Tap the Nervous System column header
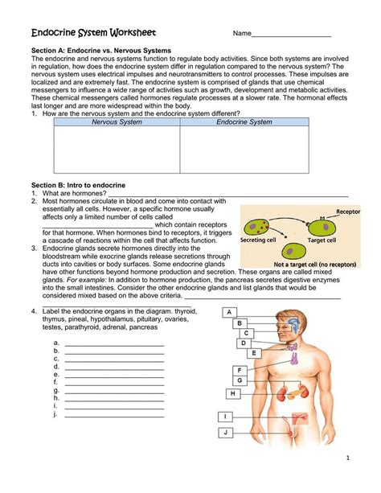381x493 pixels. [x=116, y=122]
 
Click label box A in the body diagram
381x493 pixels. [x=229, y=312]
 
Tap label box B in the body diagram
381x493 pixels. [x=240, y=323]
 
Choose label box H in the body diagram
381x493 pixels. [x=232, y=394]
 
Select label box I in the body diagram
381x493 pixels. [x=227, y=417]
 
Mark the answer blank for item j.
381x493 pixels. [x=114, y=416]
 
